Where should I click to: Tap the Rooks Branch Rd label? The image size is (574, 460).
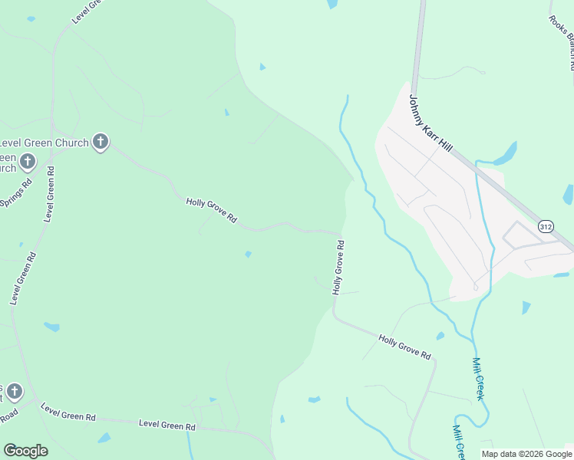click(x=562, y=43)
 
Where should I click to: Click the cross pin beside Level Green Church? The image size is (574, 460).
click(x=100, y=142)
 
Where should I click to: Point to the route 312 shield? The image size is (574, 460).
click(x=546, y=227)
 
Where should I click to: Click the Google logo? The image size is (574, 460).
click(x=25, y=451)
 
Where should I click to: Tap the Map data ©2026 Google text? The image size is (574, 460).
click(x=526, y=454)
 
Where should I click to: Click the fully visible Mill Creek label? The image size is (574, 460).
click(x=480, y=378)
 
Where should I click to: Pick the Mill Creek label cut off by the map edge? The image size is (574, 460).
click(x=459, y=441)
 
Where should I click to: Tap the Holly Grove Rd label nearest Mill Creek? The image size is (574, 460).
click(x=405, y=347)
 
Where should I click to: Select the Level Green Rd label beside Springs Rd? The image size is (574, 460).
click(x=49, y=193)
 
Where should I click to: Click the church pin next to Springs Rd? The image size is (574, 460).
click(x=28, y=161)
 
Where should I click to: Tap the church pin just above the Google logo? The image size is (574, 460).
click(x=13, y=392)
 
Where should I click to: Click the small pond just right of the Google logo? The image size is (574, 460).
click(x=104, y=438)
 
